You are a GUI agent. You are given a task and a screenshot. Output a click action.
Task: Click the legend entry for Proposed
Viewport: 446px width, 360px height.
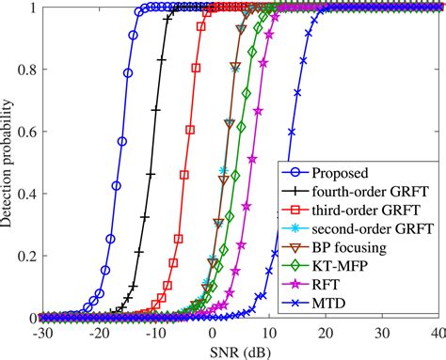[350, 174]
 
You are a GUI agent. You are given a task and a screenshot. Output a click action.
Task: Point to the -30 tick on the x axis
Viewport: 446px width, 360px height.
[41, 334]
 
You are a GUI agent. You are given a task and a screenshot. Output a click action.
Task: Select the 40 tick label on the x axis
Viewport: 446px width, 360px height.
[436, 334]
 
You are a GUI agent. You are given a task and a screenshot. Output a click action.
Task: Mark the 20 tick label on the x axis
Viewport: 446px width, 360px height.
[326, 334]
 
